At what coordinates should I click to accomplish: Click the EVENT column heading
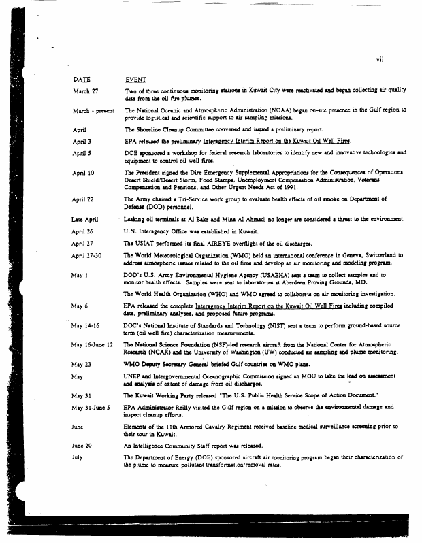tap(136, 79)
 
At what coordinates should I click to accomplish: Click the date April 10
tap(84, 173)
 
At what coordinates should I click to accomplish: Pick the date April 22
tap(84, 199)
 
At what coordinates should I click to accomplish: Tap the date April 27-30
tap(87, 255)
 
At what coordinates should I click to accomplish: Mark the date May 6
tap(80, 306)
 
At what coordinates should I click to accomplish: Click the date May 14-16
tap(86, 326)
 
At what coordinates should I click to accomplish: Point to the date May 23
tap(82, 364)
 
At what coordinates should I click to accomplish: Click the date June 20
tap(82, 444)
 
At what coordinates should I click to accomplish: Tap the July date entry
tap(77, 457)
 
